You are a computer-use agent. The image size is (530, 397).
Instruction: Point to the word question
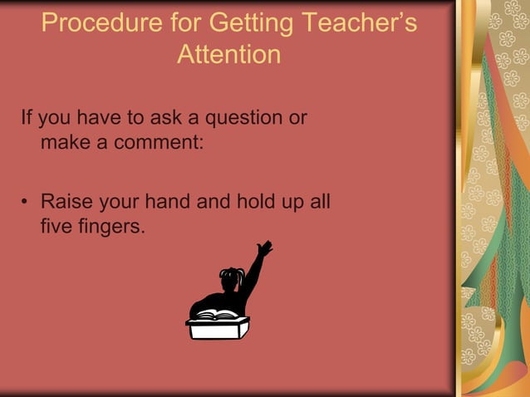point(238,118)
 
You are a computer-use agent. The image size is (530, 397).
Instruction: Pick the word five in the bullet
point(56,225)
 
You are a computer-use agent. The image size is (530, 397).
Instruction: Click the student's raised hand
point(264,248)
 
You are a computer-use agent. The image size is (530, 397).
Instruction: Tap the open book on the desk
point(218,315)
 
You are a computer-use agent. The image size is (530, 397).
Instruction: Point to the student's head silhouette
point(230,278)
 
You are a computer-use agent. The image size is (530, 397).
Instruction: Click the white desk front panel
point(218,331)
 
